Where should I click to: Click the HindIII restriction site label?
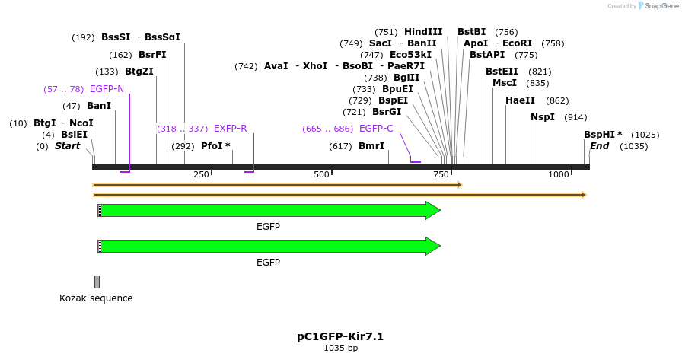[423, 32]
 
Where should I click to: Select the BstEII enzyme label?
[502, 72]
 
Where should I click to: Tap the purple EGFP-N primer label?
[107, 89]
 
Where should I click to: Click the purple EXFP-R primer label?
[230, 129]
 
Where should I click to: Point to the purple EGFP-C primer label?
[376, 129]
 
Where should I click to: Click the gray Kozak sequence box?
[97, 282]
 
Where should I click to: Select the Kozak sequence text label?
[96, 298]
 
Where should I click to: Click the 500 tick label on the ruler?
[321, 174]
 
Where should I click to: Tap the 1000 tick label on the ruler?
[559, 174]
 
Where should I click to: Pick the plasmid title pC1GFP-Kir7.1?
[340, 336]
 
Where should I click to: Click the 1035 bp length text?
[340, 349]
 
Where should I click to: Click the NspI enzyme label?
[543, 117]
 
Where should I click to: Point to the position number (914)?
[575, 117]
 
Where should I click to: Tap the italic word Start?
[68, 146]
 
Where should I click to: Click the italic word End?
[599, 146]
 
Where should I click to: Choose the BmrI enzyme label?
[371, 146]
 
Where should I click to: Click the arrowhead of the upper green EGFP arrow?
[433, 210]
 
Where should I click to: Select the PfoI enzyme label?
[212, 146]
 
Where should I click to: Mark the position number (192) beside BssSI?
[83, 37]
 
